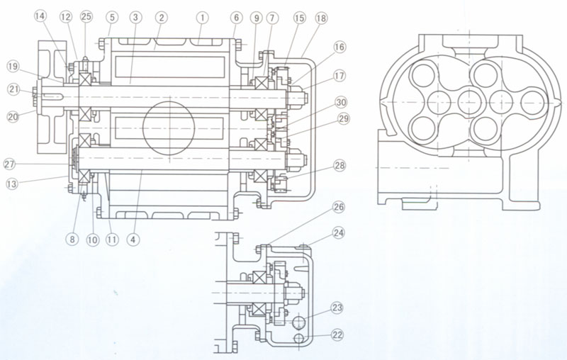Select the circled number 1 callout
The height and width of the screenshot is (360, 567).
click(x=202, y=15)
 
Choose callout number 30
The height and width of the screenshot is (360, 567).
click(x=340, y=101)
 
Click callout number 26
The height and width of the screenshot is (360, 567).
click(x=338, y=208)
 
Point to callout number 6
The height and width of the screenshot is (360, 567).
click(x=235, y=15)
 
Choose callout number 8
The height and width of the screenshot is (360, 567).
click(x=72, y=239)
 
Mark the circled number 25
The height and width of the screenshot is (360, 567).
click(x=86, y=15)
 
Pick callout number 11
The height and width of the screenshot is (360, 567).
click(x=113, y=239)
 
